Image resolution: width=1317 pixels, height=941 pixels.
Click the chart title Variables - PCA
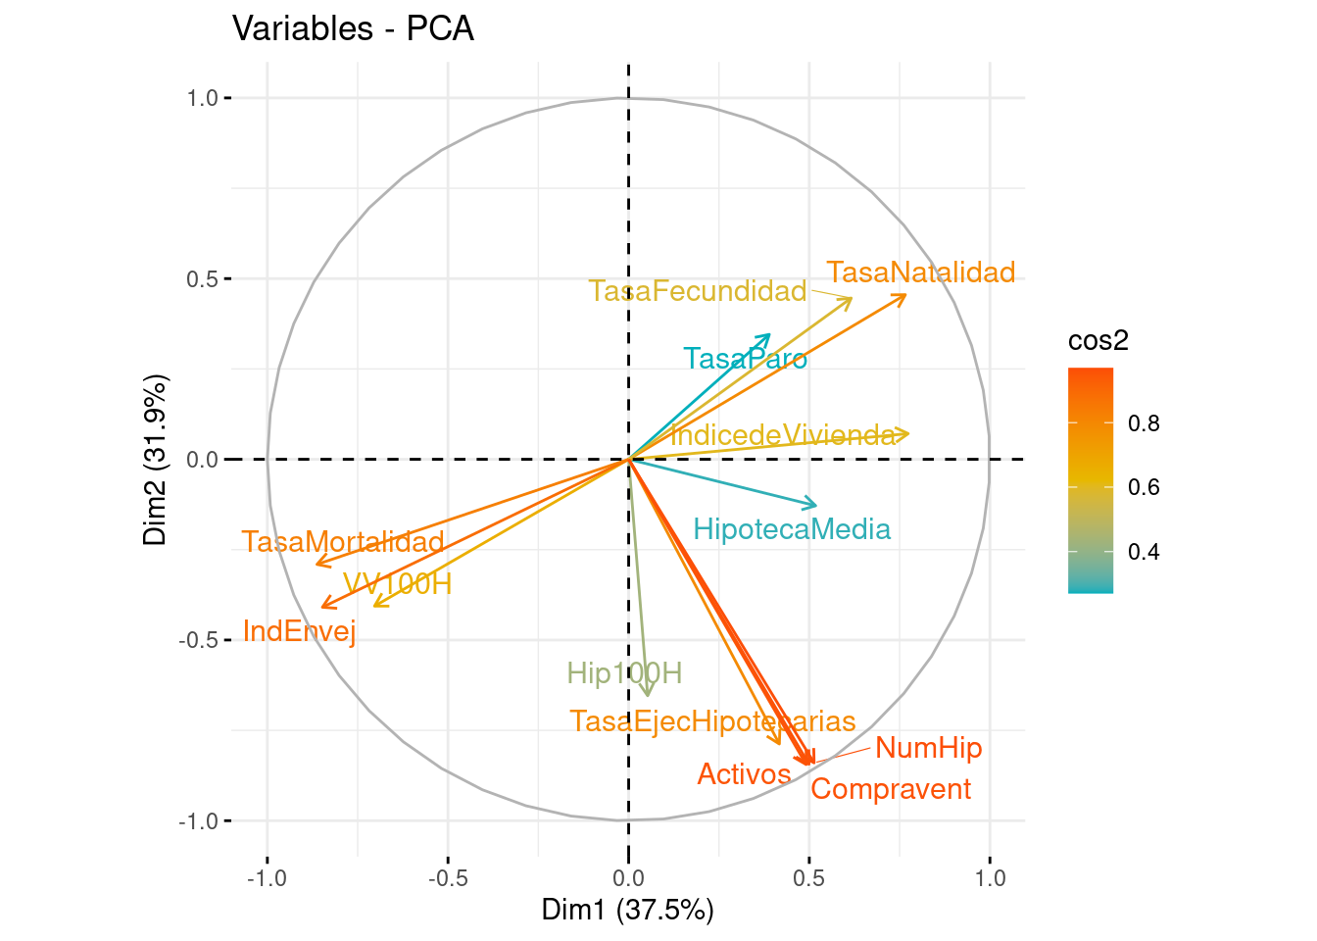click(353, 28)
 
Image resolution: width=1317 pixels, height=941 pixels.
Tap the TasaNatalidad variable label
click(920, 272)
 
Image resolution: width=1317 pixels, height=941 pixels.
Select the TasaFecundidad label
click(697, 291)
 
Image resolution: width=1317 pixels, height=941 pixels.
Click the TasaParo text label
click(745, 359)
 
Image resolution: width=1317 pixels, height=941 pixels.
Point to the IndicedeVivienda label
click(782, 435)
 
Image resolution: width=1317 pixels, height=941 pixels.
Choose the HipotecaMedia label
click(792, 530)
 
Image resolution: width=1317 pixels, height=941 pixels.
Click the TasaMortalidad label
click(343, 542)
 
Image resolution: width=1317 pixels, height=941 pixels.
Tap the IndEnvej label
click(299, 631)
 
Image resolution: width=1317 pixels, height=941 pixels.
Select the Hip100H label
click(624, 673)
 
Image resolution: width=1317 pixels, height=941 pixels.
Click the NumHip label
click(928, 749)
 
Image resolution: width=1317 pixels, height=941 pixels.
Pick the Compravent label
click(891, 789)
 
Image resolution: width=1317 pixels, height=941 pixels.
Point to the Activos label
click(744, 774)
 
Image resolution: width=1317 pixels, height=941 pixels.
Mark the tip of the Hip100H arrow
click(648, 695)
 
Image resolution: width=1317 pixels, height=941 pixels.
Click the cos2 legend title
click(1097, 340)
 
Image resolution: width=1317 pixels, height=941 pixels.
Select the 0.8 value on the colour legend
click(1144, 423)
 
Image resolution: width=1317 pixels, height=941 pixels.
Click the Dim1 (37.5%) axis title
click(627, 910)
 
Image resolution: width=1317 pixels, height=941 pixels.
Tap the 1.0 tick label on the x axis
click(990, 877)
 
